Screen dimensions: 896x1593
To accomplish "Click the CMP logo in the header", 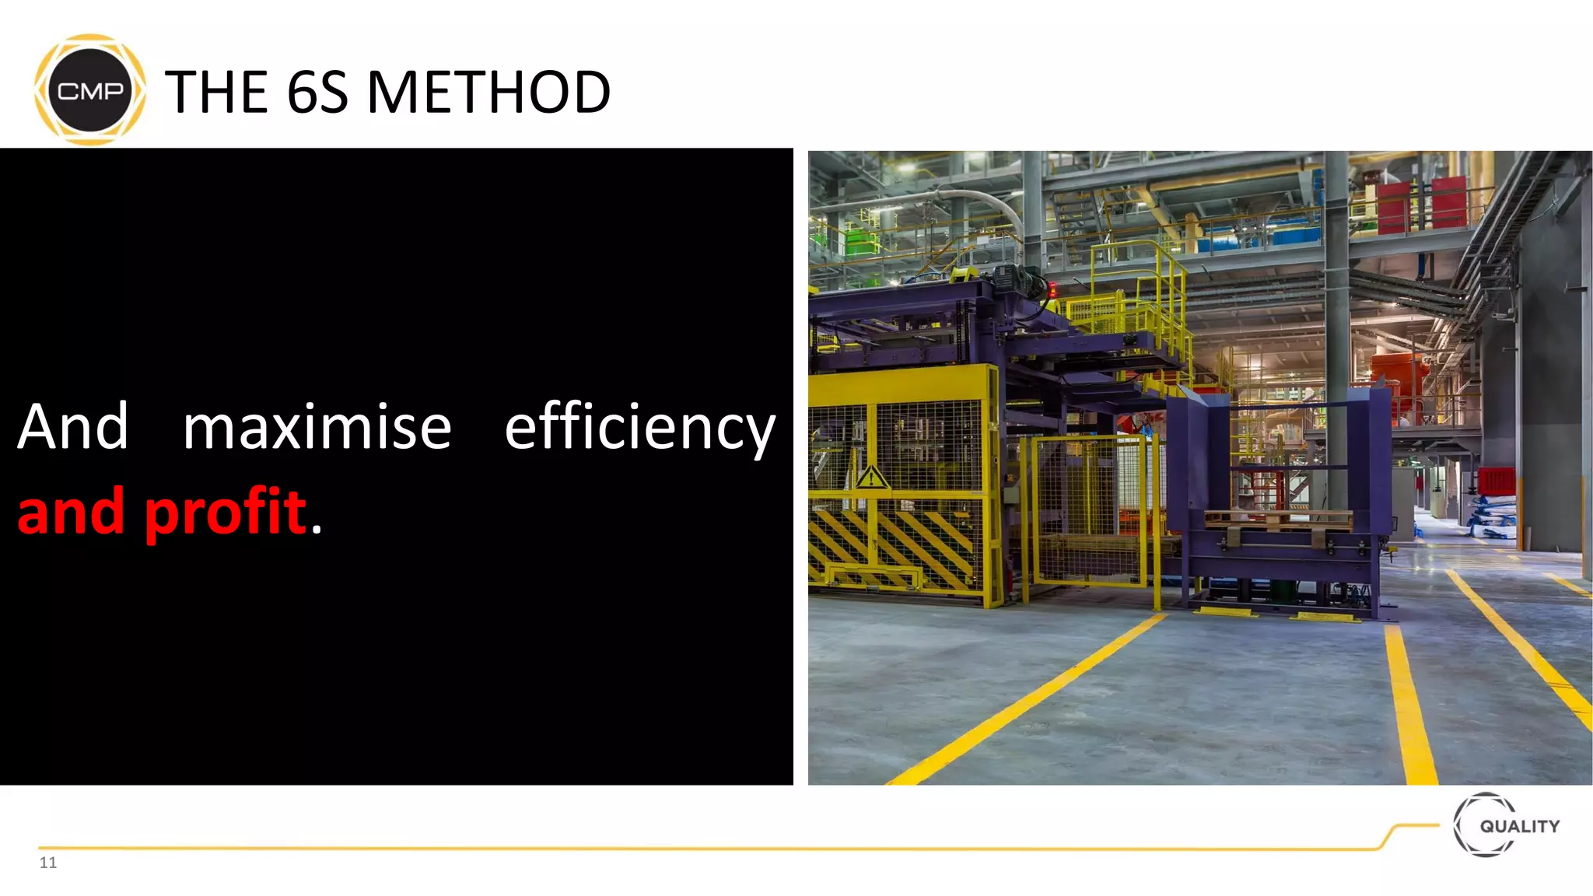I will click(x=90, y=90).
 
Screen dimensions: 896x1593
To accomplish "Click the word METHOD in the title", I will click(x=488, y=92).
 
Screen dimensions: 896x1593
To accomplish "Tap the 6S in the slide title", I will click(x=317, y=92).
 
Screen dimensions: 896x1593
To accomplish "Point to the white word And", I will click(x=73, y=427).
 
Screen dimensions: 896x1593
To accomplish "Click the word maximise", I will click(x=317, y=427).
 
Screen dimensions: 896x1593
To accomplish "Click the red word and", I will click(x=71, y=512).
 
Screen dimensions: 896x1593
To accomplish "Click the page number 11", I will click(x=48, y=862).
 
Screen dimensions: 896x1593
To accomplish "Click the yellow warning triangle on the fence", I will click(x=871, y=477).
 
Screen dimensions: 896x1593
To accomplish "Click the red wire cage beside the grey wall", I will click(x=1496, y=480).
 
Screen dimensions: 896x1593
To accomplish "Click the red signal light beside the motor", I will click(x=1053, y=292).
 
